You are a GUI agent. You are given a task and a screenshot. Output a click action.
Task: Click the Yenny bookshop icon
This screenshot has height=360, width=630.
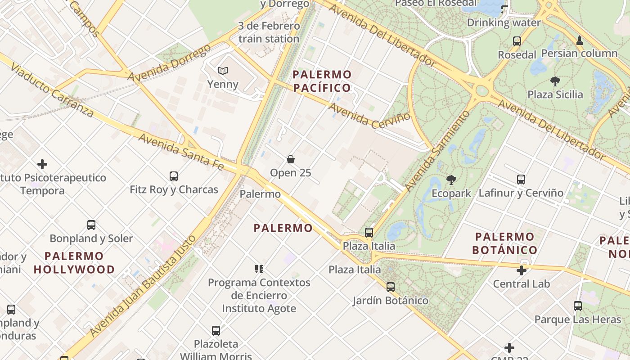223,71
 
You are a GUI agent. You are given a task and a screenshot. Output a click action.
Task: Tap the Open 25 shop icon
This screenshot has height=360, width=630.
291,159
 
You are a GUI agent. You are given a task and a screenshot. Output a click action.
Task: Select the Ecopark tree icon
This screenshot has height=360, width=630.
451,180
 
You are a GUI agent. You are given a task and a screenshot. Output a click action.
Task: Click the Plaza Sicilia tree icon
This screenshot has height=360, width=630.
555,81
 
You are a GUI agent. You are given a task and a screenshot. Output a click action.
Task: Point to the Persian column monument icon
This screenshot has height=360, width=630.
580,40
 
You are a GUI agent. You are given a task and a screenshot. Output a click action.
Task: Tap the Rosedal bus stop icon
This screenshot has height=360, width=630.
517,41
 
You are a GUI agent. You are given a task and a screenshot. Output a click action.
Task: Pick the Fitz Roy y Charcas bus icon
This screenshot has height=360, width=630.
174,176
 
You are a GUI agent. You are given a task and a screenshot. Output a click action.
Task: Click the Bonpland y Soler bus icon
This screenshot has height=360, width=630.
91,225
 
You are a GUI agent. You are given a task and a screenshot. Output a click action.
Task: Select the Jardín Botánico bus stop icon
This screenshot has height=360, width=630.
391,287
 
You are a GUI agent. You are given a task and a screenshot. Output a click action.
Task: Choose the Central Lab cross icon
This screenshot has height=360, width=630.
522,270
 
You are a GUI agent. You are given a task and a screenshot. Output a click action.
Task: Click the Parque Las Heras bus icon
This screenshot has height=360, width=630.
578,306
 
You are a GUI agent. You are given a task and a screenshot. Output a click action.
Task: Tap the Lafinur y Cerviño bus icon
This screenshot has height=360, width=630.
521,180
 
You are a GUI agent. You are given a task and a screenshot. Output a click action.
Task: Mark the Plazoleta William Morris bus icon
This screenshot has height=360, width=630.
216,331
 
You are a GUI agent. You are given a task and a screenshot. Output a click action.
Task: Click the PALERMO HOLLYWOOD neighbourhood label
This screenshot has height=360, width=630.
74,263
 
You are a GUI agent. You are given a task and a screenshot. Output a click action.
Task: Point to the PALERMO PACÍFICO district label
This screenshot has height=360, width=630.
322,81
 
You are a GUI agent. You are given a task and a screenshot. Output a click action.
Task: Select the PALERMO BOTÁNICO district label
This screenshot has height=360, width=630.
504,243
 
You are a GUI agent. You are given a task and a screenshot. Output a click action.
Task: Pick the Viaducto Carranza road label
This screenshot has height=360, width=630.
52,90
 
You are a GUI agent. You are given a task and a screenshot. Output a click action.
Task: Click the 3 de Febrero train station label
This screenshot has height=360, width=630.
269,32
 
